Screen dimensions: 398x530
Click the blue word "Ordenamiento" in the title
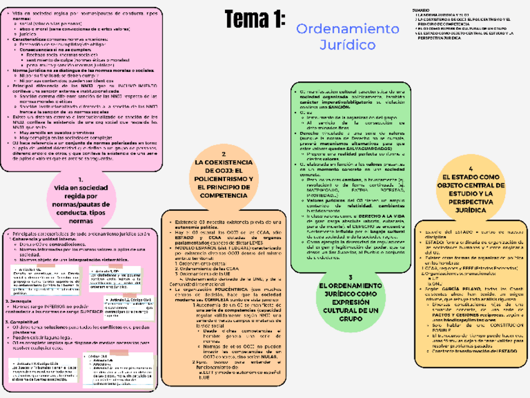pyautogui.click(x=347, y=29)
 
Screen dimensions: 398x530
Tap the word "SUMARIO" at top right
pyautogui.click(x=420, y=11)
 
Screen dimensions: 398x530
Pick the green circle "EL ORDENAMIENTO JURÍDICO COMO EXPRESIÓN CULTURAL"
pyautogui.click(x=351, y=300)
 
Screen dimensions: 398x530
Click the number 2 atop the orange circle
pyautogui.click(x=223, y=153)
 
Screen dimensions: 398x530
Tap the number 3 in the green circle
pyautogui.click(x=351, y=277)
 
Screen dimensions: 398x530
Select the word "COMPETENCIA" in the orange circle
pyautogui.click(x=224, y=195)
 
